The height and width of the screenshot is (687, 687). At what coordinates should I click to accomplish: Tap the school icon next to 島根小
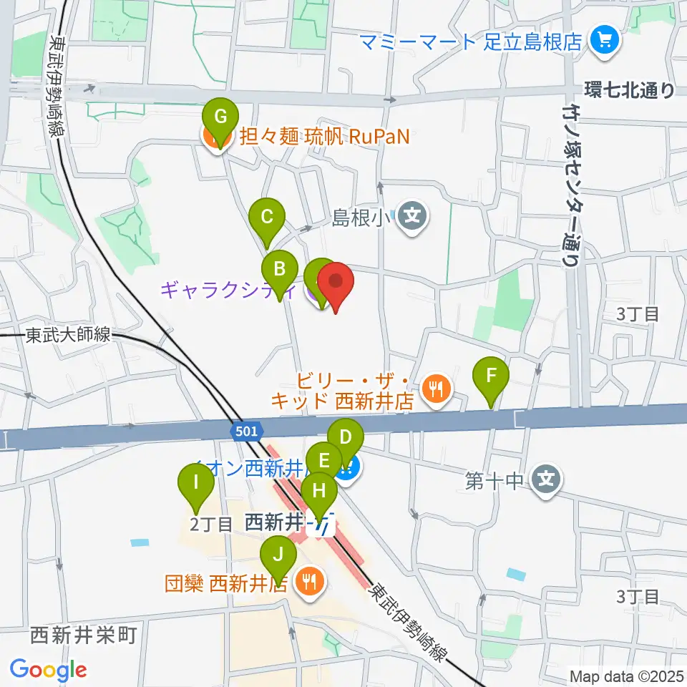413,213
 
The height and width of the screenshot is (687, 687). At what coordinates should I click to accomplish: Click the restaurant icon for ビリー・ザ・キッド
434,389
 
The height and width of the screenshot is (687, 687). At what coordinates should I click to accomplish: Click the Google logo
48,671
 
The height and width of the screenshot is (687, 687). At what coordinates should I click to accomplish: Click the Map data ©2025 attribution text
625,676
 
